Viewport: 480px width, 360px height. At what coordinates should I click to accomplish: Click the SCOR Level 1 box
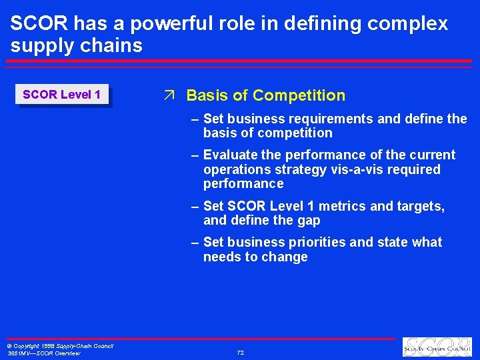[x=61, y=95]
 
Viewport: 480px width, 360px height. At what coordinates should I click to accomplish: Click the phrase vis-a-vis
[x=359, y=170]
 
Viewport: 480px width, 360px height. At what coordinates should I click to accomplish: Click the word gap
[x=307, y=221]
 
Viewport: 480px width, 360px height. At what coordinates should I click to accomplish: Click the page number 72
[x=240, y=352]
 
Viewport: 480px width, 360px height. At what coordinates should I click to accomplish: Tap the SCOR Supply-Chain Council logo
[x=437, y=347]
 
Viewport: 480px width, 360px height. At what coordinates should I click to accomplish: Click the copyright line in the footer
[x=60, y=346]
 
